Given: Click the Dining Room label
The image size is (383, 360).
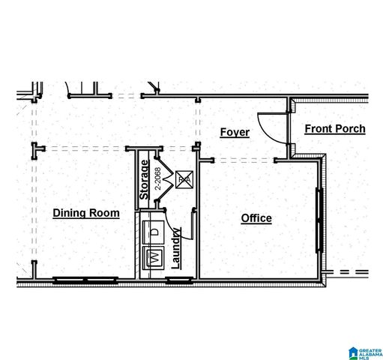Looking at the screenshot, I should (x=86, y=213).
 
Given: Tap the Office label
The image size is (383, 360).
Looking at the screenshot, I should (x=256, y=218).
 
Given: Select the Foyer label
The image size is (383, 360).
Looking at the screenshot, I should (x=235, y=133).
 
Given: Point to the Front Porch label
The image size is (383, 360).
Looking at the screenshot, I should (x=335, y=129).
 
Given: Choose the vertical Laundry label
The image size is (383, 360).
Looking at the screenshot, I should (x=175, y=248).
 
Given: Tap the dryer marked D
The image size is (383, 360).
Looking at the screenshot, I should (x=155, y=232).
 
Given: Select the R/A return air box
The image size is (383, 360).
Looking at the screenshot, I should (x=184, y=179).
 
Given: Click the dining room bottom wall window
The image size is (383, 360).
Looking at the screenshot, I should (x=85, y=280).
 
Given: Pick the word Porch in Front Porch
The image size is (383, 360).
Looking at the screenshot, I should (x=349, y=129).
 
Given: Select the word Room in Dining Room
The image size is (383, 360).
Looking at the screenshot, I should (x=105, y=213).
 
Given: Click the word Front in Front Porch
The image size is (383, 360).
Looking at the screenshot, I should (x=318, y=129).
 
